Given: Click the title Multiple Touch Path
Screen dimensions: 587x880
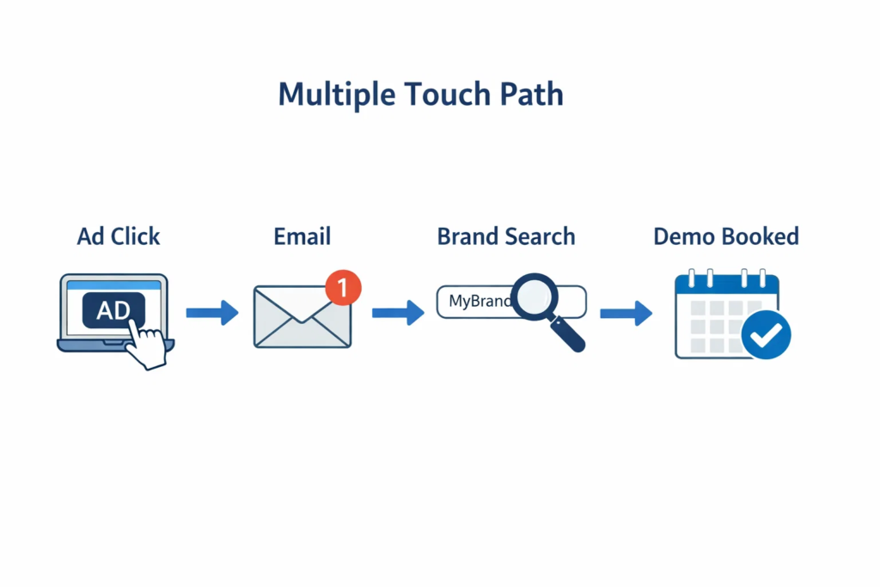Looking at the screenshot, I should click(x=421, y=95).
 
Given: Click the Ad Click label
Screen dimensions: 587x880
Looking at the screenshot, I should click(x=119, y=236).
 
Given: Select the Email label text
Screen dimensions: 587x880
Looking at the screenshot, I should click(x=302, y=236).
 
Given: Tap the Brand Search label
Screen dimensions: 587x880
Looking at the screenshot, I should click(x=506, y=236).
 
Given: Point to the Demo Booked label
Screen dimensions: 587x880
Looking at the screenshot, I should click(x=725, y=236).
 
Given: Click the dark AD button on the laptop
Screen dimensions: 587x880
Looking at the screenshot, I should click(x=113, y=310).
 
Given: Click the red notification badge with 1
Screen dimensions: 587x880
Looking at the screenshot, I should click(x=344, y=288).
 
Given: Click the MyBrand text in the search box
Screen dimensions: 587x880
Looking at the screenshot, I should click(x=478, y=302).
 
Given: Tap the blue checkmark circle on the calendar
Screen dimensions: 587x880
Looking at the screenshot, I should click(x=766, y=334).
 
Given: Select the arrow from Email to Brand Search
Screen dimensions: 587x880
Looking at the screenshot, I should click(x=397, y=314).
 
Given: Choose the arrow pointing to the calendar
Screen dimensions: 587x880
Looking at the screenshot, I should click(x=626, y=314).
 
